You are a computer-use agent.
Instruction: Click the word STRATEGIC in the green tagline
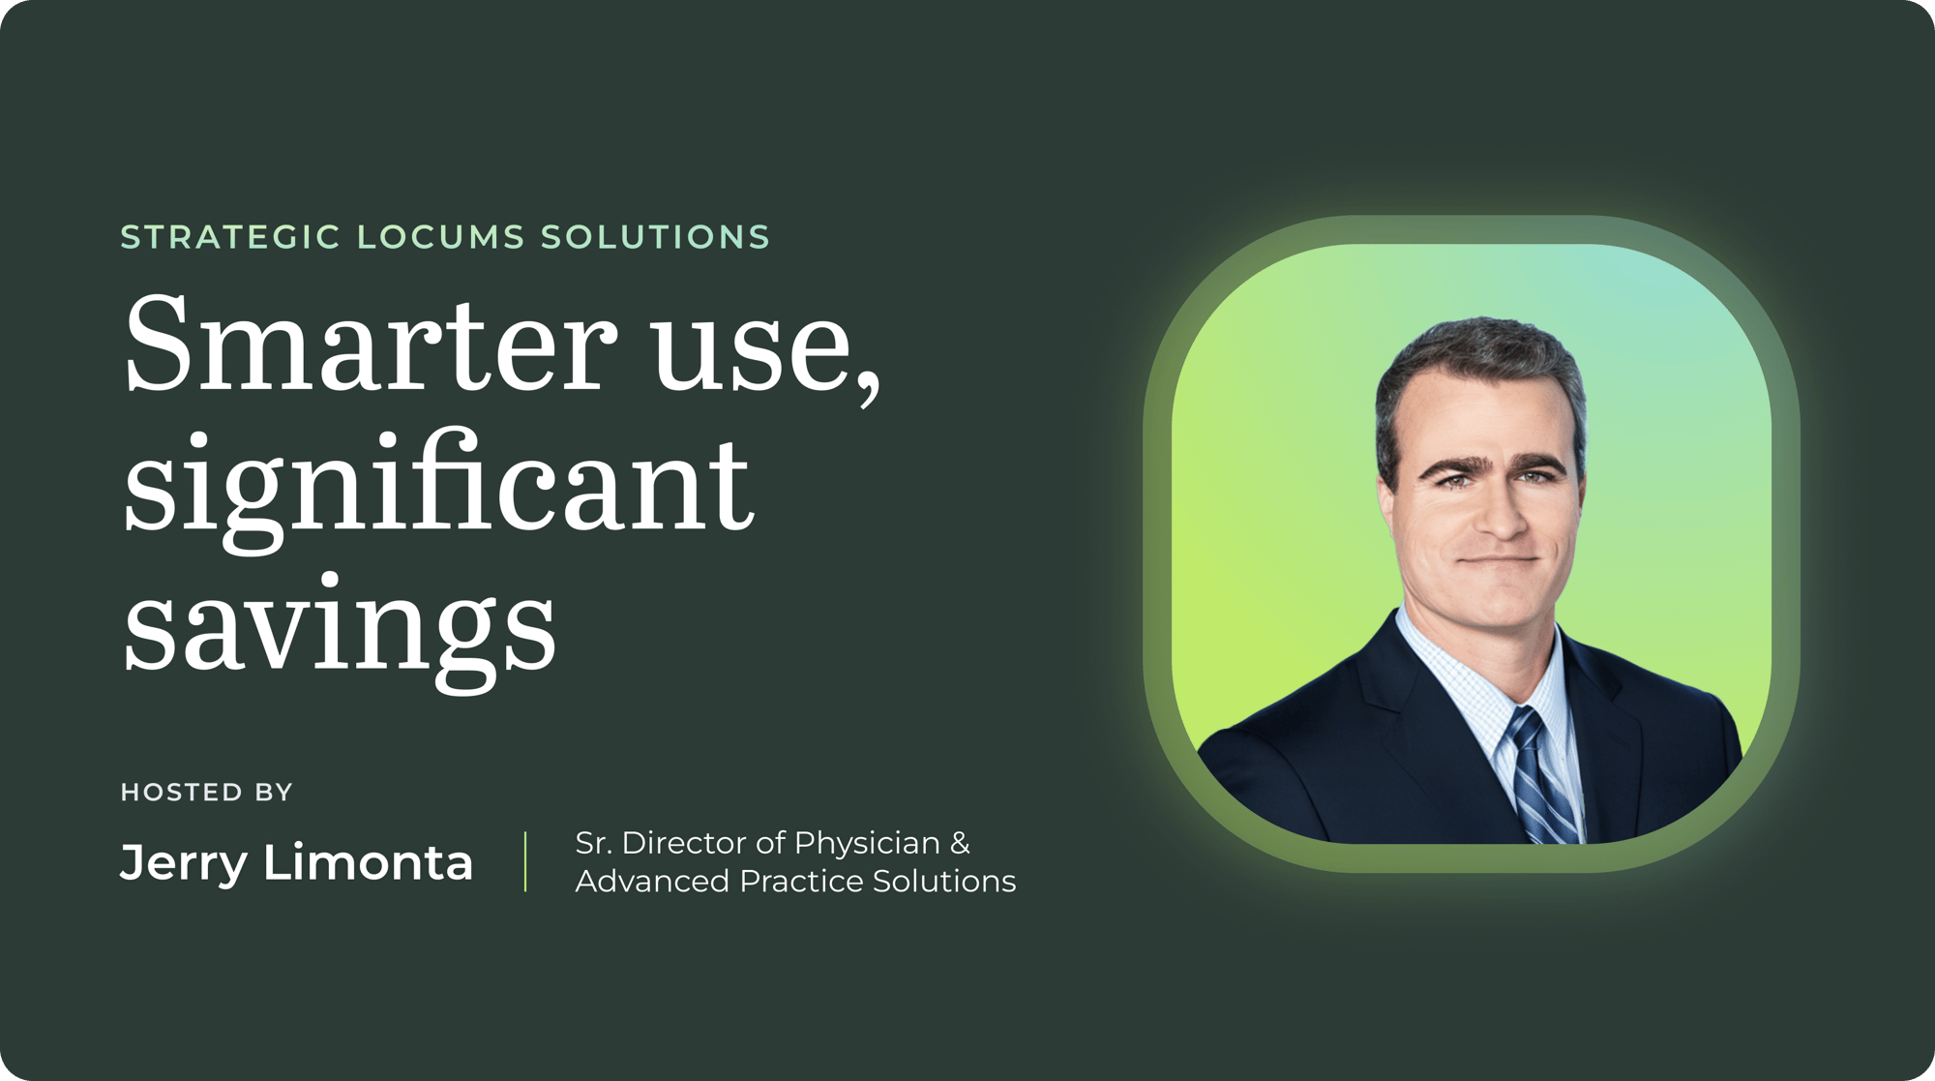coord(230,237)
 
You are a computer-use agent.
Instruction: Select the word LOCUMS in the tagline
coord(441,237)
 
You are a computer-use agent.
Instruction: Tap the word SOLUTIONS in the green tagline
coord(655,237)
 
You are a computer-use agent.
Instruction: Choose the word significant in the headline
coord(438,489)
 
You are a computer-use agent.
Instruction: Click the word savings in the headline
coord(340,629)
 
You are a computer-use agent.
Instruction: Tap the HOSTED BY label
coord(206,793)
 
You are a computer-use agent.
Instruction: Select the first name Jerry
coord(184,863)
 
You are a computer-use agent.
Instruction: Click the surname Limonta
coord(368,861)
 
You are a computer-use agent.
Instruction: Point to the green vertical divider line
coord(525,861)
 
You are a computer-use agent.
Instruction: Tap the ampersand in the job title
coord(960,843)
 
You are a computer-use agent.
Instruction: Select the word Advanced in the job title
coord(652,881)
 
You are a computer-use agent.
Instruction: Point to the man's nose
coord(1502,513)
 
